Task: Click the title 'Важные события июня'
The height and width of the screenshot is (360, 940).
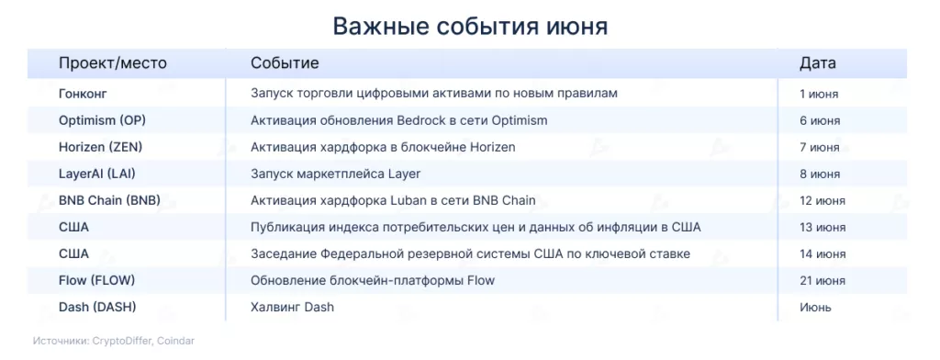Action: click(x=470, y=27)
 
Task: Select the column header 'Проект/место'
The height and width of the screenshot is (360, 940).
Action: click(x=113, y=63)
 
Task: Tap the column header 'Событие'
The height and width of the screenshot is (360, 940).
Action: click(x=285, y=63)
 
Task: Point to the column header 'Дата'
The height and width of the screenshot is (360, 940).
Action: click(x=818, y=63)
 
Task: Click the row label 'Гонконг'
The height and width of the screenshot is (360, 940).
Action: click(x=83, y=94)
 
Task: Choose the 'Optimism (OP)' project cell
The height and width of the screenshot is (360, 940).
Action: click(x=103, y=120)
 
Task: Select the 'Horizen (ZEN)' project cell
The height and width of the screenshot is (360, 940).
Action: click(x=101, y=147)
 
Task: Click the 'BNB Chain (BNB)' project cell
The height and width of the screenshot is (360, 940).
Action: click(x=110, y=200)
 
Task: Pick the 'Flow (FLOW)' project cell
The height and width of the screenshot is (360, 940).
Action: click(x=96, y=280)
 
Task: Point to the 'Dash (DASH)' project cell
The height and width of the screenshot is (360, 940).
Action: click(x=97, y=308)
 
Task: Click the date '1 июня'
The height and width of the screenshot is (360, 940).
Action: click(x=819, y=95)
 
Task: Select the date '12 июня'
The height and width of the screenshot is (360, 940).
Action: click(x=822, y=201)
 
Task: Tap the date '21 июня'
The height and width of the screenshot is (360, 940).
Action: click(x=822, y=281)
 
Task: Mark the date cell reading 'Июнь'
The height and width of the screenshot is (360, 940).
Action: click(x=815, y=308)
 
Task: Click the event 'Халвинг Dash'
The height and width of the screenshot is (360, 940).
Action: click(x=292, y=308)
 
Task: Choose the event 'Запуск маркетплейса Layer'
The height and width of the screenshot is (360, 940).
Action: click(x=336, y=174)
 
